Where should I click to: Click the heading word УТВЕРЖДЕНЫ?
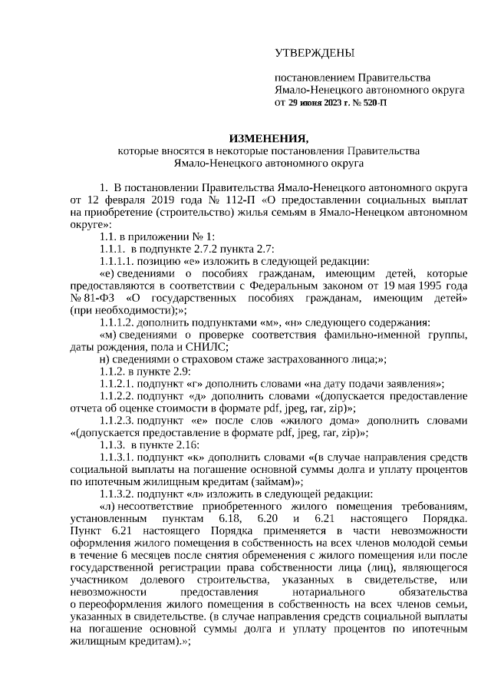(315, 53)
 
